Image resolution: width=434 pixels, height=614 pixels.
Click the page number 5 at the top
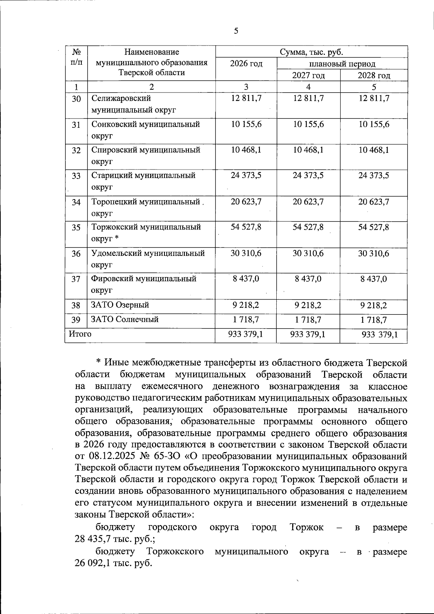[x=236, y=31]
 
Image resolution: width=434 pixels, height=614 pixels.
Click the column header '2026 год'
[x=246, y=64]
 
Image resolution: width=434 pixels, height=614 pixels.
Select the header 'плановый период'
[x=342, y=64]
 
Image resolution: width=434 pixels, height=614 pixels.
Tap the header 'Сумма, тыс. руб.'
[x=311, y=52]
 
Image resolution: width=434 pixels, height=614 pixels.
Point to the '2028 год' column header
[x=374, y=76]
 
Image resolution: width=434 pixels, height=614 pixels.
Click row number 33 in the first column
[x=76, y=176]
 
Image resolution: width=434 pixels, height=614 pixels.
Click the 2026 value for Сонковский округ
[x=246, y=124]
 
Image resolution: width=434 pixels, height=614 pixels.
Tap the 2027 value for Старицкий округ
[x=308, y=176]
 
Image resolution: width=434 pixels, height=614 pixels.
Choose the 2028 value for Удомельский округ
[x=374, y=254]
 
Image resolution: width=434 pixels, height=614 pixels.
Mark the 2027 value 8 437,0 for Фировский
[x=308, y=279]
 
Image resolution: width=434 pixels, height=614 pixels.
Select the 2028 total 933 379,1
[x=379, y=335]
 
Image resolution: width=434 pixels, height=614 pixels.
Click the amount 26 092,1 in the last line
[x=93, y=563]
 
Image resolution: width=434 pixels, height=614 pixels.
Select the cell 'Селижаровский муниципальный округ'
[x=133, y=104]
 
